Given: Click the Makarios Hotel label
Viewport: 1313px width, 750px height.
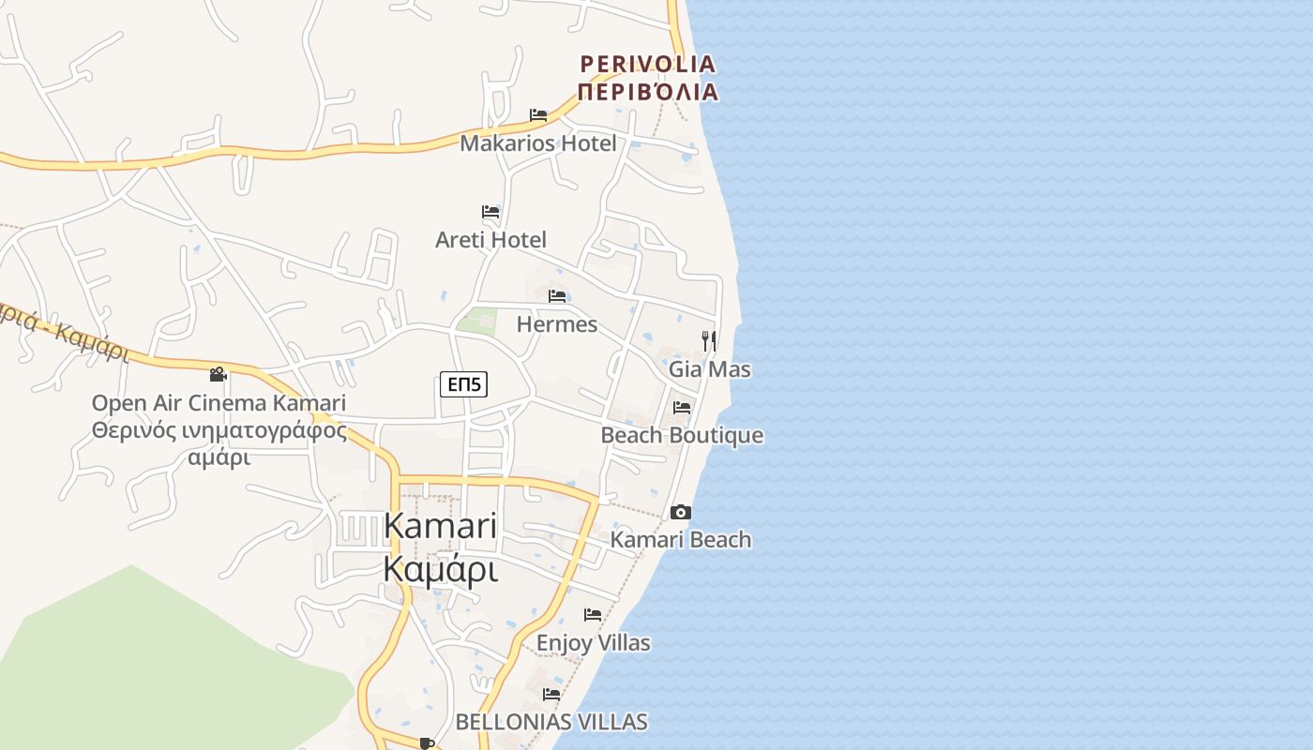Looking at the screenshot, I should pos(538,143).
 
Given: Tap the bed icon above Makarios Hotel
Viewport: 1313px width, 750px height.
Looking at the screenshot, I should pos(538,115).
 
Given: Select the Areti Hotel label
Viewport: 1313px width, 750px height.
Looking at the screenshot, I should pos(490,239).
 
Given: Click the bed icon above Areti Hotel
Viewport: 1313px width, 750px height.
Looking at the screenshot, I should pos(490,211).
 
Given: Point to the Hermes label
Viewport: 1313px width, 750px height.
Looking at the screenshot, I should pos(557,324).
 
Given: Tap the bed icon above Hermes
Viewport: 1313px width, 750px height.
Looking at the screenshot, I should pos(557,296).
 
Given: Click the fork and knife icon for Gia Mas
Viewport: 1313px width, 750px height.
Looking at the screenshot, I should pos(709,340).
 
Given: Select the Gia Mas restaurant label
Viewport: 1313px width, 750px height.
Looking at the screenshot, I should pos(710,369).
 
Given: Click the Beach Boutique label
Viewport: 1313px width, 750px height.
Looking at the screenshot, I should pos(682,436).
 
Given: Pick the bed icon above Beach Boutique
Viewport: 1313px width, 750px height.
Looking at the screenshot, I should pos(682,408).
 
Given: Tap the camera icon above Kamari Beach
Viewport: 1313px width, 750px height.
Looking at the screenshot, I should pos(681,512).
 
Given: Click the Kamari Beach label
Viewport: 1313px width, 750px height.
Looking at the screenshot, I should pos(681,540).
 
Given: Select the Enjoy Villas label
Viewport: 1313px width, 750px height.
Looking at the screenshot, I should pos(593,643).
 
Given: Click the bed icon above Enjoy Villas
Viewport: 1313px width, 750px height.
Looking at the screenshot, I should pos(593,615).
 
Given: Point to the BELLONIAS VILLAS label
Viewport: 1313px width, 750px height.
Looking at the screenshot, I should pos(551,722).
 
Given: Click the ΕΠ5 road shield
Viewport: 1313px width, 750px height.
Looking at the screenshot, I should pos(464,383).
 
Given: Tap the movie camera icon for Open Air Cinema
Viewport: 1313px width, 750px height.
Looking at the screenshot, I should pos(219,374).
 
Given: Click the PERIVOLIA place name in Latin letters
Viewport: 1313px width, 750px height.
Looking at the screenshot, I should pos(648,64).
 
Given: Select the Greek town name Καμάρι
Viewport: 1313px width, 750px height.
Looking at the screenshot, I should pos(440,568).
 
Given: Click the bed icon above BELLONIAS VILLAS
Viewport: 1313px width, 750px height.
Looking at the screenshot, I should pos(551,695).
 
